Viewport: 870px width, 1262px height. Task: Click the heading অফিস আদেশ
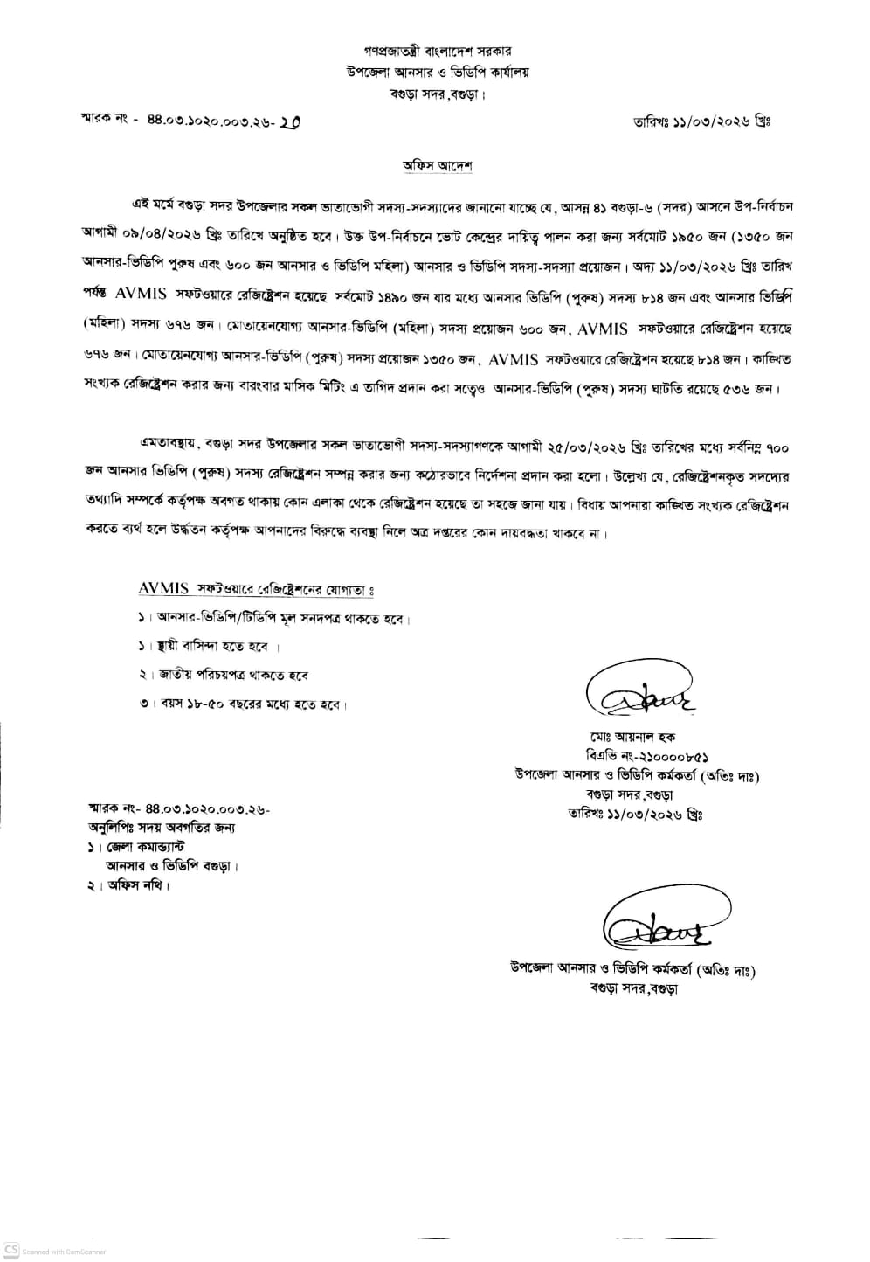coord(437,165)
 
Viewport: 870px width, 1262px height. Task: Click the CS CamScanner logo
coord(11,1251)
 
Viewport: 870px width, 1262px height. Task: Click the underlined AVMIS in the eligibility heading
coord(163,589)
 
